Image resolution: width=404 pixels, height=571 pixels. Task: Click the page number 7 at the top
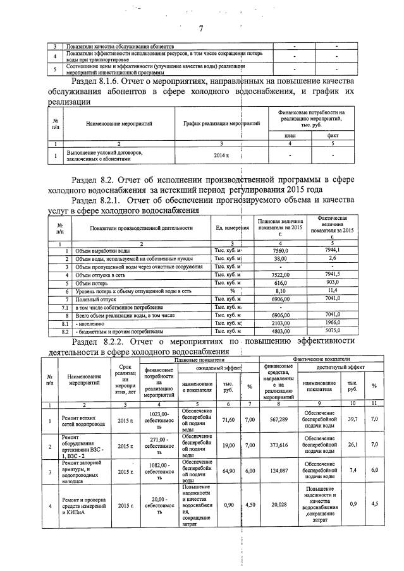point(202,28)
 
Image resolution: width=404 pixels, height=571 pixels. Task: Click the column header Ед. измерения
point(232,227)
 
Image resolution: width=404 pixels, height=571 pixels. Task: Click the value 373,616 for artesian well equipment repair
point(279,445)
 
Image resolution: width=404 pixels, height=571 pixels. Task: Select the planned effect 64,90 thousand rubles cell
point(228,471)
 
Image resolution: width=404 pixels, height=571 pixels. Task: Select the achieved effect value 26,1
point(353,445)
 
